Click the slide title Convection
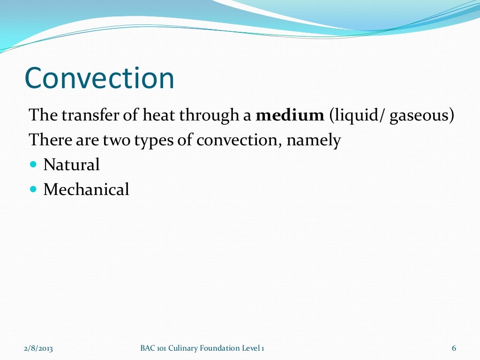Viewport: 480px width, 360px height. [99, 78]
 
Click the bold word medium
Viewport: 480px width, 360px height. [290, 115]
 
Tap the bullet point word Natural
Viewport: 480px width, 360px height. [71, 165]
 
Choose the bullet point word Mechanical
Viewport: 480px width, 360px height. [86, 190]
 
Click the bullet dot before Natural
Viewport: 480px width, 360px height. [33, 165]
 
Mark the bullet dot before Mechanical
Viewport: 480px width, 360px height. [33, 190]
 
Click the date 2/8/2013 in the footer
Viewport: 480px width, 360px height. [38, 348]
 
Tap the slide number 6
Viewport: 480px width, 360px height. [454, 348]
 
